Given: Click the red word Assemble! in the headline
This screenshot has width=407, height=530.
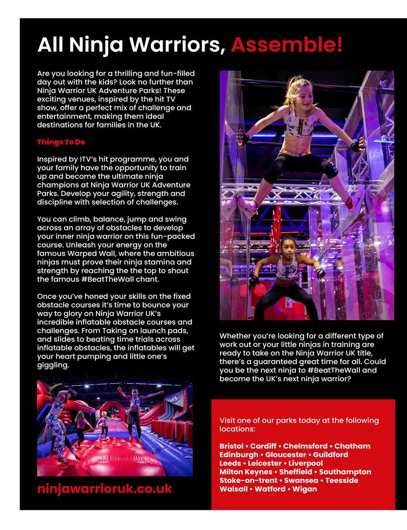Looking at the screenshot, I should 287,45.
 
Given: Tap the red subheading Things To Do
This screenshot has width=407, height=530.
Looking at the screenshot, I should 61,142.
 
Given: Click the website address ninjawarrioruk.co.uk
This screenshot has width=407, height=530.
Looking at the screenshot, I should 105,488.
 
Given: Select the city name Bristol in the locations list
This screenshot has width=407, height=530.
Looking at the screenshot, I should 231,446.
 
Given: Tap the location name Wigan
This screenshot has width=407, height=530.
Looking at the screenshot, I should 305,489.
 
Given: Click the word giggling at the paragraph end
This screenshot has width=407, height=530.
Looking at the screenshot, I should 53,365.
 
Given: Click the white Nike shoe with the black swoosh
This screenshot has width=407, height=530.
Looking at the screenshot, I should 357,198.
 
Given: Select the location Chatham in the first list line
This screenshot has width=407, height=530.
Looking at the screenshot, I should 352,446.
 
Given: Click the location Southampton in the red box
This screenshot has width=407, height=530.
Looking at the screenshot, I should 345,472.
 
